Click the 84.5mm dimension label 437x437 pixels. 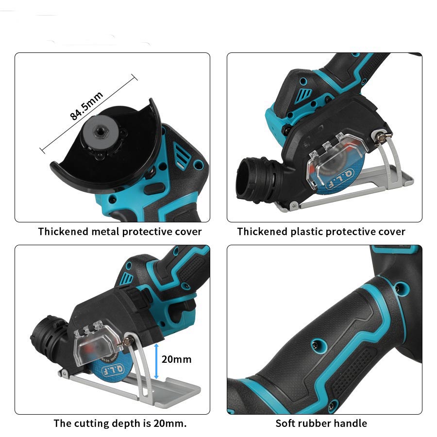87,106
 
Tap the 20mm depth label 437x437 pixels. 176,359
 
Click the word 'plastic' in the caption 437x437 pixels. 306,232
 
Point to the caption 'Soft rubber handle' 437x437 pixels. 321,423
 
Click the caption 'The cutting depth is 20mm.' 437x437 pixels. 120,423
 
